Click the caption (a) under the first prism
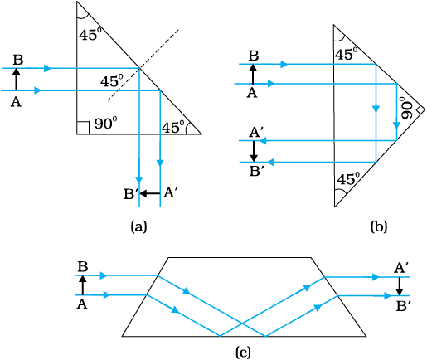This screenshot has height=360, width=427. tap(138, 226)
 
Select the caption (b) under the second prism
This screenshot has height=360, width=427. tap(379, 226)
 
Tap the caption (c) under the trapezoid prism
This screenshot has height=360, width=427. tap(243, 353)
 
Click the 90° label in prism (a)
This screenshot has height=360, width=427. tap(106, 124)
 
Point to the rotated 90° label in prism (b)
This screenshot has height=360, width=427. tap(407, 108)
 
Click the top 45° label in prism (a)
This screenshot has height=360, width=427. tap(90, 35)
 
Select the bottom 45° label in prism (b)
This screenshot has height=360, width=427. tap(349, 179)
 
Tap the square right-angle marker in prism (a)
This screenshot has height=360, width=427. tap(83, 128)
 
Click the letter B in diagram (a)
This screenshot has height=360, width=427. tap(18, 60)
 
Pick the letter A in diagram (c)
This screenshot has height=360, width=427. tap(82, 304)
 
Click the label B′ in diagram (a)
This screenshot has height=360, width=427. tap(130, 194)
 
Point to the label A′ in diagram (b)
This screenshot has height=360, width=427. tap(258, 133)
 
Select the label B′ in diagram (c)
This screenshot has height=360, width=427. tap(403, 307)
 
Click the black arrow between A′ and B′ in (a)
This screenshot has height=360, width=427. tap(150, 193)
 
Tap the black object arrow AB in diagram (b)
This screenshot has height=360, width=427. tap(253, 74)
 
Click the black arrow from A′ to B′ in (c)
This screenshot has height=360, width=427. tap(399, 286)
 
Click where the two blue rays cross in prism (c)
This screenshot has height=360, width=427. tap(242, 324)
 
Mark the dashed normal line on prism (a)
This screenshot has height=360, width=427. tap(143, 65)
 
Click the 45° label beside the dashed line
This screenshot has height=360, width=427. tap(112, 81)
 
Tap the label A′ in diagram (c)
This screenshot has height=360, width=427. tap(401, 268)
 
